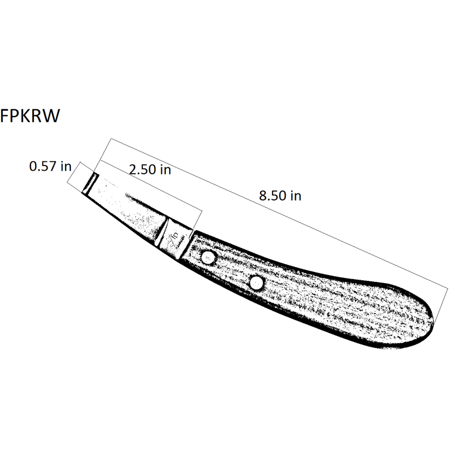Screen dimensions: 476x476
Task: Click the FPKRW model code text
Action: pyautogui.click(x=30, y=116)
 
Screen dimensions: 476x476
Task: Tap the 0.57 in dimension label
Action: pyautogui.click(x=50, y=167)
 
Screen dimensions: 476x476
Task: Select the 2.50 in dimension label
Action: pyautogui.click(x=150, y=170)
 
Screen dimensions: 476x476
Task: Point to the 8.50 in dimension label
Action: pyautogui.click(x=280, y=196)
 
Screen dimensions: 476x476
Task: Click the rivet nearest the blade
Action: pyautogui.click(x=208, y=258)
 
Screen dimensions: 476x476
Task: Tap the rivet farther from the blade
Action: pyautogui.click(x=257, y=283)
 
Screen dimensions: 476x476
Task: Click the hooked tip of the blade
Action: pyautogui.click(x=90, y=184)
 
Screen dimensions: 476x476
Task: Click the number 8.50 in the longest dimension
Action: pyautogui.click(x=273, y=196)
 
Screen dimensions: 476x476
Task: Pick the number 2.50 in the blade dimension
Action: pyautogui.click(x=142, y=170)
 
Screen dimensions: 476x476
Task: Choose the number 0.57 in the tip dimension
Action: pyautogui.click(x=43, y=167)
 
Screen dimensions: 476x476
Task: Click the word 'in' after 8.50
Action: pyautogui.click(x=296, y=196)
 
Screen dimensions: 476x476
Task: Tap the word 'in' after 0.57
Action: pyautogui.click(x=66, y=167)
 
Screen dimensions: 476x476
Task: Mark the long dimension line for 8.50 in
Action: pyautogui.click(x=279, y=214)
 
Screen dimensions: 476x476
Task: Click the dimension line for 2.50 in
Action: pyautogui.click(x=151, y=185)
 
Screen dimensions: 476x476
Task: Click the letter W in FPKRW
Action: pyautogui.click(x=51, y=116)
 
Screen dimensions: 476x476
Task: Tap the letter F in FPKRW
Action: pyautogui.click(x=4, y=116)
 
